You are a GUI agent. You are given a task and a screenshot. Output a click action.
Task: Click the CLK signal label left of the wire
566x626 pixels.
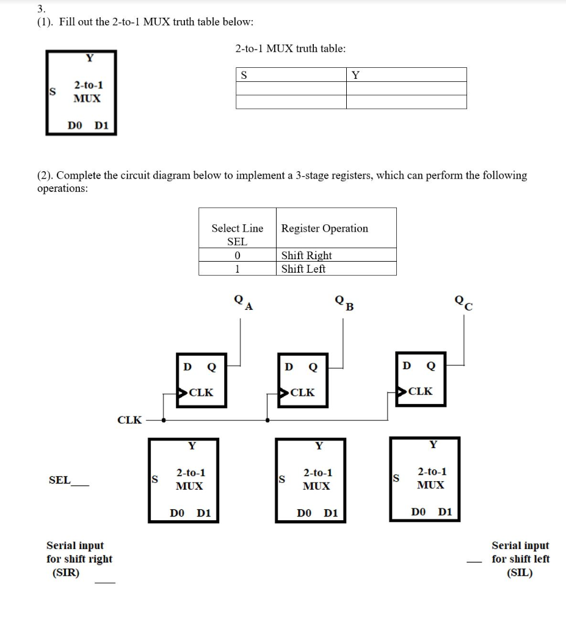129,420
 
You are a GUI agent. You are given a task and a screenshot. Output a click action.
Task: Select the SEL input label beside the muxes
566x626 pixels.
59,480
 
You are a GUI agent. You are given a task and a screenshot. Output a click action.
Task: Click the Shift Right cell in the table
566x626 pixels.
307,255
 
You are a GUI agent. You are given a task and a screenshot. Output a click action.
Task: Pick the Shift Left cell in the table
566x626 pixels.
303,268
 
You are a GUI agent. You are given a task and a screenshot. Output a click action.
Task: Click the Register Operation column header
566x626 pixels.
324,228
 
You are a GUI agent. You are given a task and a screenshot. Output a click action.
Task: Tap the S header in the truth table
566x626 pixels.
244,75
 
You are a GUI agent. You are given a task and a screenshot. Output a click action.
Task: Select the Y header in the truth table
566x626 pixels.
355,75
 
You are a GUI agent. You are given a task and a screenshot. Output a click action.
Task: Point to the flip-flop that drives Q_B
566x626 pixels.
303,379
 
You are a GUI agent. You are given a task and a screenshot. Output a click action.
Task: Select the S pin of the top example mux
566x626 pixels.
53,92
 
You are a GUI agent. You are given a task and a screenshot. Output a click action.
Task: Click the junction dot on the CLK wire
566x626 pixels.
267,420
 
